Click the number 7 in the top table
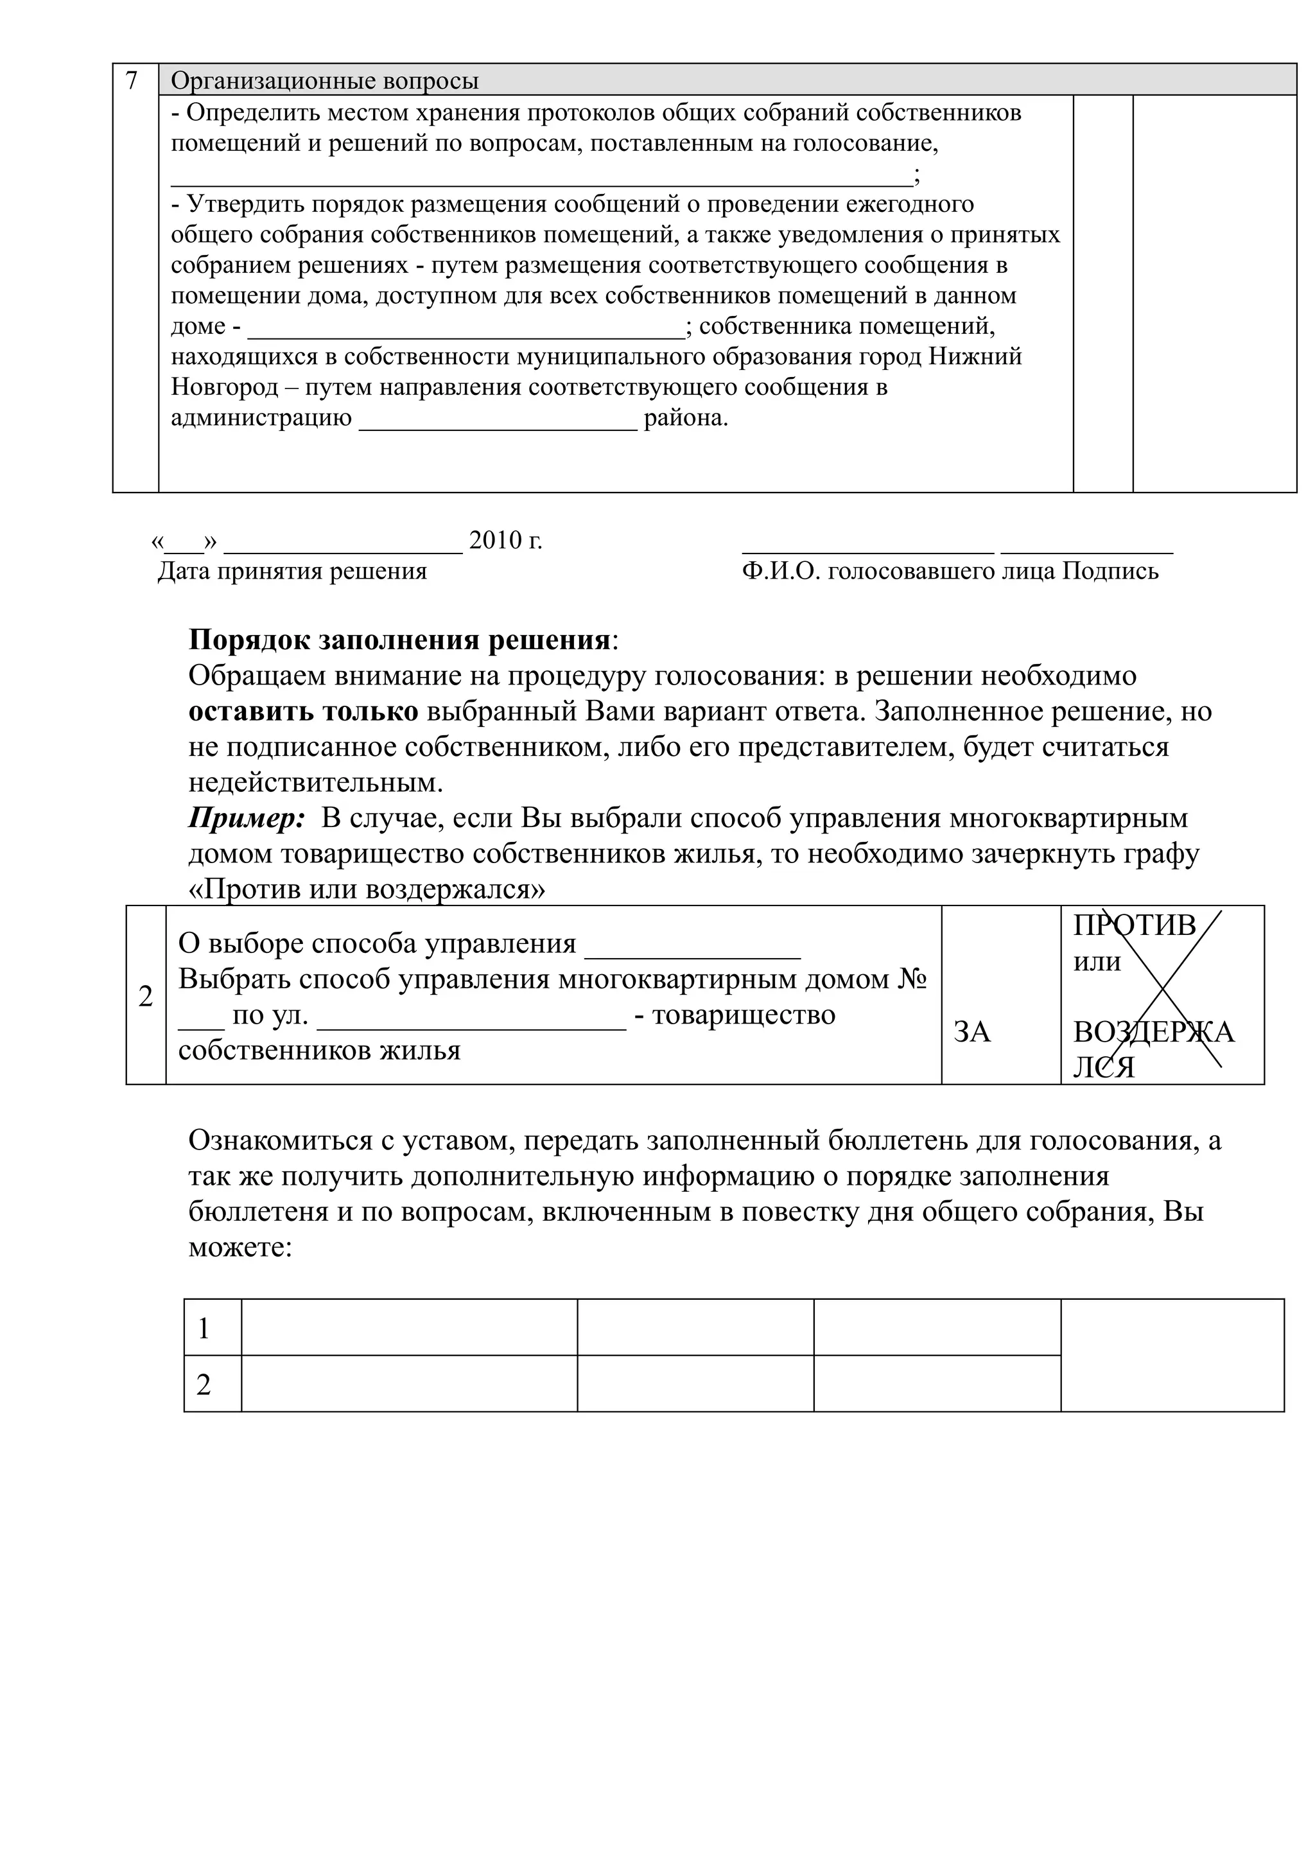[131, 80]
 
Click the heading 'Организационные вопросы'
[324, 81]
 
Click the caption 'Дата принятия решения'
[292, 572]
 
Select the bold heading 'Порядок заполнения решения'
[399, 640]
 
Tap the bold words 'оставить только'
[303, 712]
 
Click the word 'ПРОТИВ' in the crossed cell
[1135, 925]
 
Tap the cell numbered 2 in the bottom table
[204, 1385]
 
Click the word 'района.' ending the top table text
[686, 419]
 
